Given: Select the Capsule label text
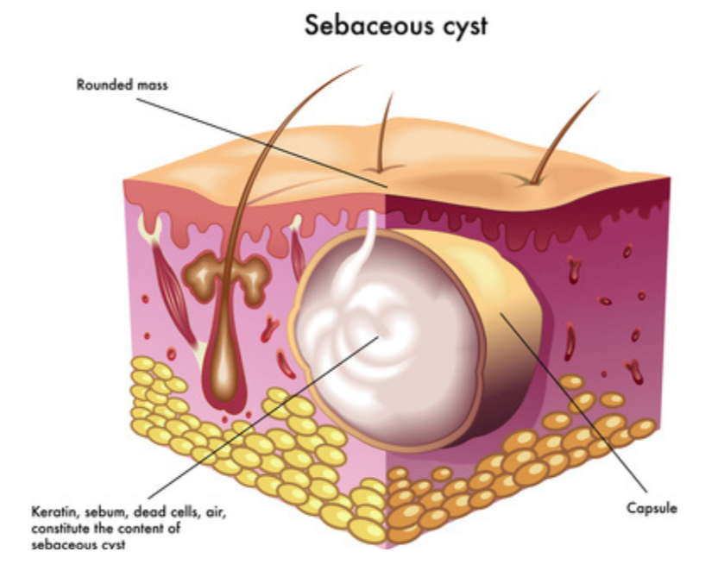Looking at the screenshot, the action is (652, 508).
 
